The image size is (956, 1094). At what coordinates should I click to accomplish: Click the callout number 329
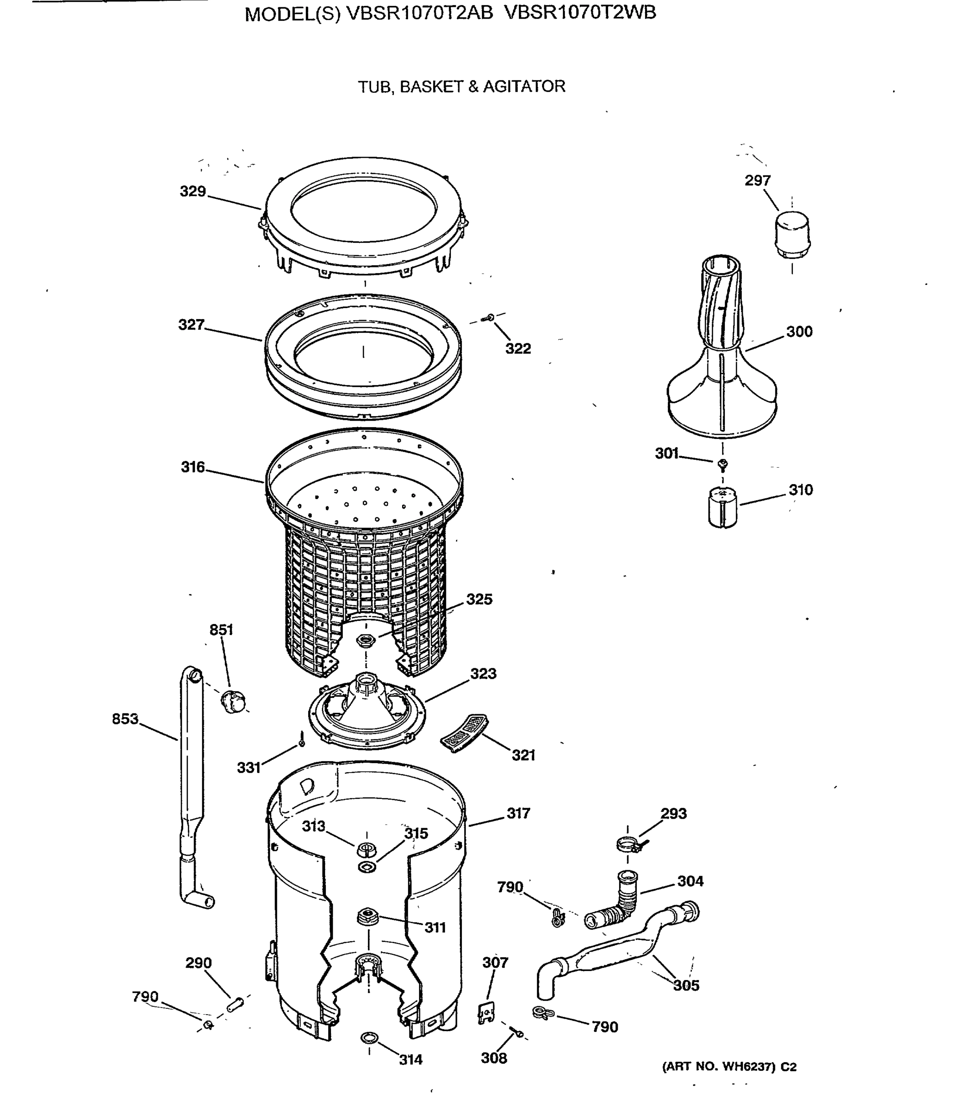click(x=192, y=191)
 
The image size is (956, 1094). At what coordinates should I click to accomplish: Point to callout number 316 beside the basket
click(x=192, y=467)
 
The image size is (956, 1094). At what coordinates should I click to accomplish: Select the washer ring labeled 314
click(x=369, y=1037)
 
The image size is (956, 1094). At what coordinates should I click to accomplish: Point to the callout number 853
click(x=125, y=718)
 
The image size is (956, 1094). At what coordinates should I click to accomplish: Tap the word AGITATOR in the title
click(x=524, y=87)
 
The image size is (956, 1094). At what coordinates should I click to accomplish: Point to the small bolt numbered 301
click(x=723, y=464)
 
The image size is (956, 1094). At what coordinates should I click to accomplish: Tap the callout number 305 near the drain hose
click(x=686, y=985)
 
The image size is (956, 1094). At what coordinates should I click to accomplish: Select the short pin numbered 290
click(x=235, y=1004)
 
